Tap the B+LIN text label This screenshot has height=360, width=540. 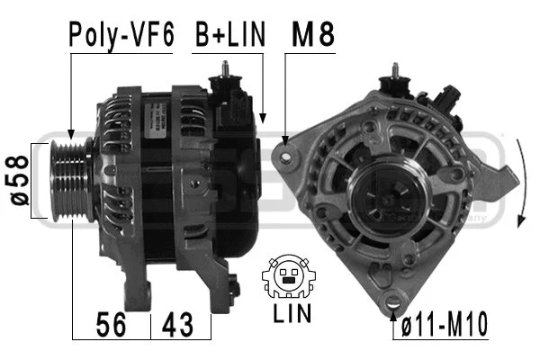click(x=230, y=35)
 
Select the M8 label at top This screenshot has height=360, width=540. click(x=312, y=35)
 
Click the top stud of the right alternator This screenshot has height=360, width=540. click(x=394, y=71)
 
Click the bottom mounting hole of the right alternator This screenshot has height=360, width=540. click(x=392, y=302)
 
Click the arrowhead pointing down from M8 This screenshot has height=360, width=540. click(x=285, y=139)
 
